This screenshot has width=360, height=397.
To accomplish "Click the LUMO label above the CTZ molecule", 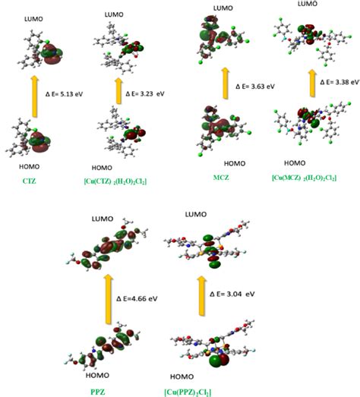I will (x=34, y=17).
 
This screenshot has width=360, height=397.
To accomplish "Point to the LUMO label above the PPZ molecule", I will (x=106, y=219).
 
